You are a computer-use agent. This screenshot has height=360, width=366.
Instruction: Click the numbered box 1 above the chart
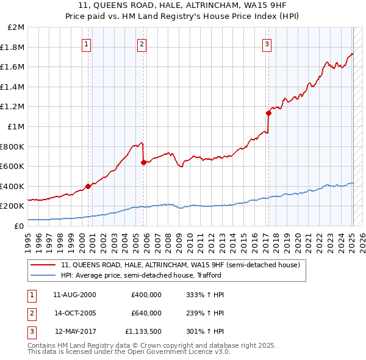pyautogui.click(x=87, y=43)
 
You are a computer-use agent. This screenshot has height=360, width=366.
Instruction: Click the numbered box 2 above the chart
pyautogui.click(x=142, y=43)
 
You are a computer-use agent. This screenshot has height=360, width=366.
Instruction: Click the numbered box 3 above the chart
pyautogui.click(x=267, y=43)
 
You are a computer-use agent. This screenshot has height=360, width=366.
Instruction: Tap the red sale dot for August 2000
pyautogui.click(x=88, y=186)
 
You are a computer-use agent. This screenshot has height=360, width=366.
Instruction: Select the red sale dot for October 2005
pyautogui.click(x=143, y=162)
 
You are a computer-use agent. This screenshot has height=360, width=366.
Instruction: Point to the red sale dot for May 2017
pyautogui.click(x=268, y=113)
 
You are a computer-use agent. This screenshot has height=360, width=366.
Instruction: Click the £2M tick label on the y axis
pyautogui.click(x=16, y=27)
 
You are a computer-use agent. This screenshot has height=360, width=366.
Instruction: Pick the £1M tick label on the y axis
pyautogui.click(x=16, y=126)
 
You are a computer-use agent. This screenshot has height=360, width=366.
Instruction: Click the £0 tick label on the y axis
pyautogui.click(x=20, y=226)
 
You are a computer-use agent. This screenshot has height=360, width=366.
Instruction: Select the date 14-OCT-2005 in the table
pyautogui.click(x=75, y=313)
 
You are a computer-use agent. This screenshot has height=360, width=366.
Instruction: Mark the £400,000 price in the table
pyautogui.click(x=146, y=295)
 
